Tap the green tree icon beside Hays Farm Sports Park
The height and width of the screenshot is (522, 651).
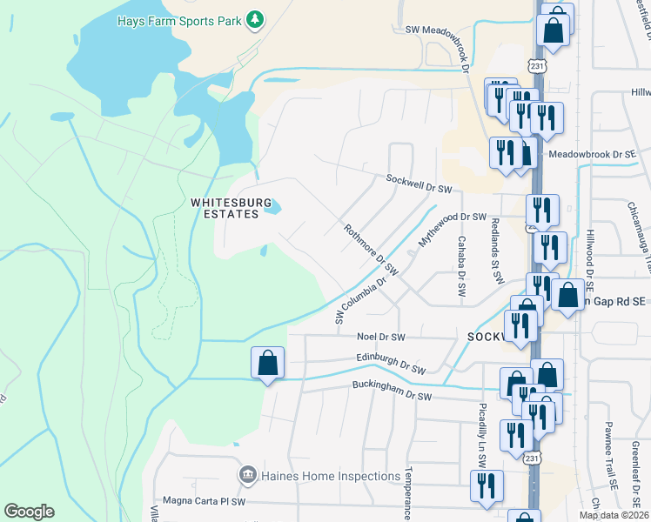pos(254,18)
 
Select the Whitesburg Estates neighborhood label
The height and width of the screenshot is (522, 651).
pos(225,208)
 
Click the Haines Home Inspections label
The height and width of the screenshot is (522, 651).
pos(329,476)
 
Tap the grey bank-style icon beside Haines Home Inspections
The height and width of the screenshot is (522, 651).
pos(246,476)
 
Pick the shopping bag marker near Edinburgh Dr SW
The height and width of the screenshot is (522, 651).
pos(267,363)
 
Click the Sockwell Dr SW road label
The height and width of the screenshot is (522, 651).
pos(419,184)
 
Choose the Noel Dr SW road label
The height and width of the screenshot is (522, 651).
pos(381,337)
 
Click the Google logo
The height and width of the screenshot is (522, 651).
pos(29,512)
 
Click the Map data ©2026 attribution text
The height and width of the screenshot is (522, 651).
pos(614,515)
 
